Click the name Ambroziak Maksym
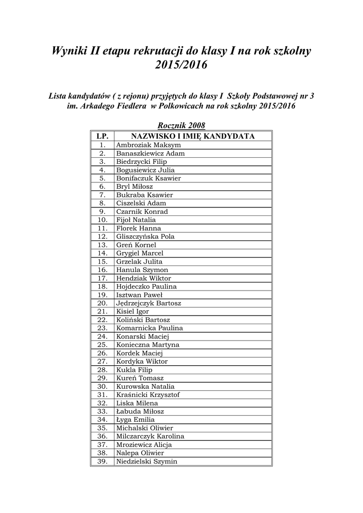click(141, 145)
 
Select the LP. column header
click(102, 136)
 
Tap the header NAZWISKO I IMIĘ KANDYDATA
click(193, 136)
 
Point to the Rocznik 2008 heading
click(181, 125)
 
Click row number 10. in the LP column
click(102, 220)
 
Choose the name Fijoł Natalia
click(136, 220)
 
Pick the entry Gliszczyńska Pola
click(145, 236)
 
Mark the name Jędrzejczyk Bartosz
click(149, 303)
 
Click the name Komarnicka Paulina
click(149, 328)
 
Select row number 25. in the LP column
click(102, 345)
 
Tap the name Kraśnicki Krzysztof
click(148, 395)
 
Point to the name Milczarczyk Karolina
click(150, 436)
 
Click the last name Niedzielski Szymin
click(147, 461)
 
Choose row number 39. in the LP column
click(102, 461)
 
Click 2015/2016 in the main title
click(181, 65)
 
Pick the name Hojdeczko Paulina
click(146, 287)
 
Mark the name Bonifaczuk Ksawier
click(148, 178)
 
